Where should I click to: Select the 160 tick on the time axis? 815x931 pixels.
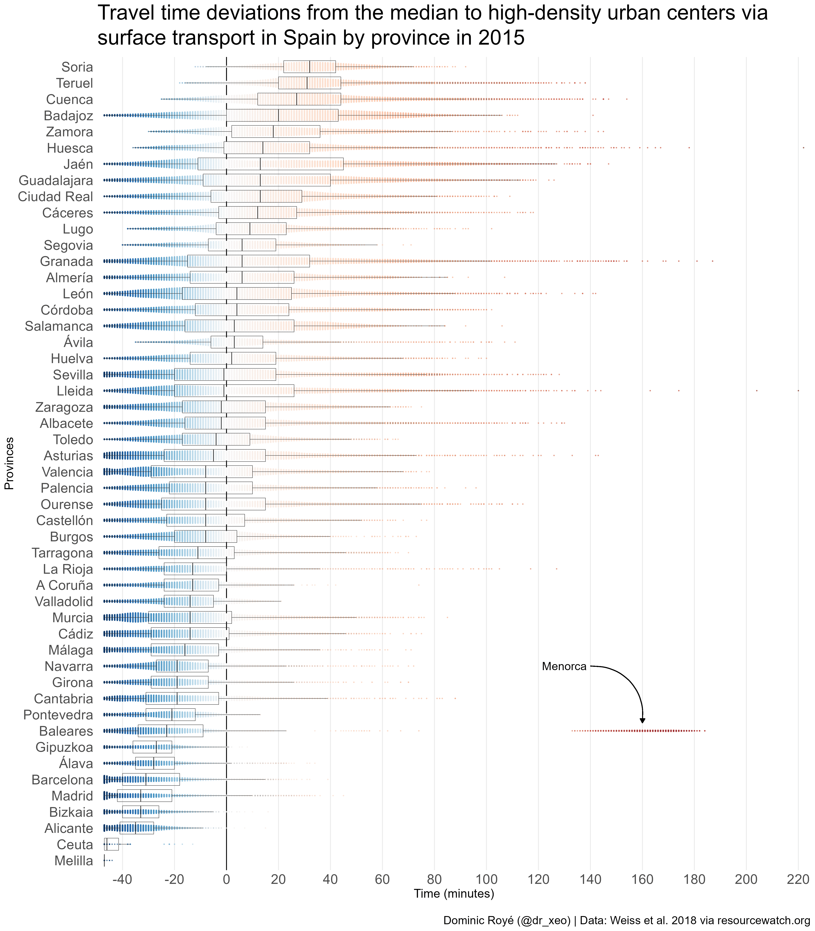(x=642, y=879)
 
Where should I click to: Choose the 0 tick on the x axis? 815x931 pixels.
(x=226, y=879)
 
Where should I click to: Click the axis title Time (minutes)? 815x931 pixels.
(x=453, y=894)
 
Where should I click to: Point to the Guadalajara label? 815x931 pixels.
(x=56, y=180)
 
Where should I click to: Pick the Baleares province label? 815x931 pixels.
(x=66, y=731)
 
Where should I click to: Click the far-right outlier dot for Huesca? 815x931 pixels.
(x=803, y=147)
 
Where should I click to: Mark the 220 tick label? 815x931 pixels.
(x=798, y=879)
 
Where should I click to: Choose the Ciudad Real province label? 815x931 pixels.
(x=55, y=196)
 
